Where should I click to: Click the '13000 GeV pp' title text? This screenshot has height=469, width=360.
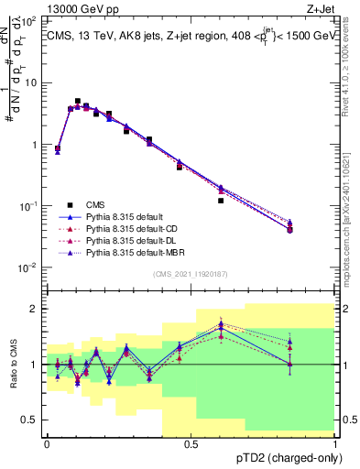(82, 8)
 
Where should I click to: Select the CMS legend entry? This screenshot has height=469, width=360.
(95, 206)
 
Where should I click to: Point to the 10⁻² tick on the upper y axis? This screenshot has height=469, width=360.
(29, 267)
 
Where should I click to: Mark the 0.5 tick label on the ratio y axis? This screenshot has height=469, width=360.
(30, 420)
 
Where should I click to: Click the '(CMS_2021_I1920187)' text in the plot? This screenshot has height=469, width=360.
(191, 274)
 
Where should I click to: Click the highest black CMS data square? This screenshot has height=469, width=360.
(78, 101)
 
